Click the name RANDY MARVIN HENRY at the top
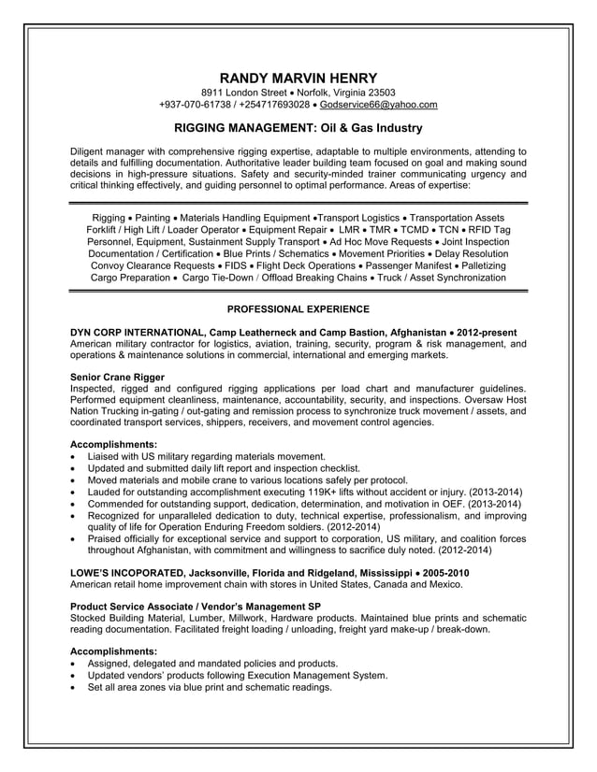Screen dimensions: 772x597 298,78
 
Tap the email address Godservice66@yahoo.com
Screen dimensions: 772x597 378,105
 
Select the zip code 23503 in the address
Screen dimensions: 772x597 380,93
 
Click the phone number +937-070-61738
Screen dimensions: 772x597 193,105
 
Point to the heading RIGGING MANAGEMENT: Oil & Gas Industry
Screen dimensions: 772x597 298,128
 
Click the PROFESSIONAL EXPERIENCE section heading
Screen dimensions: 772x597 298,308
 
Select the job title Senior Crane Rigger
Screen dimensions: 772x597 118,377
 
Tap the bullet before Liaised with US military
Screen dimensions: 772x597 75,456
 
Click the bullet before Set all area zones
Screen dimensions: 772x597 75,687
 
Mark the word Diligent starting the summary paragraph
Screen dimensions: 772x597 91,151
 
